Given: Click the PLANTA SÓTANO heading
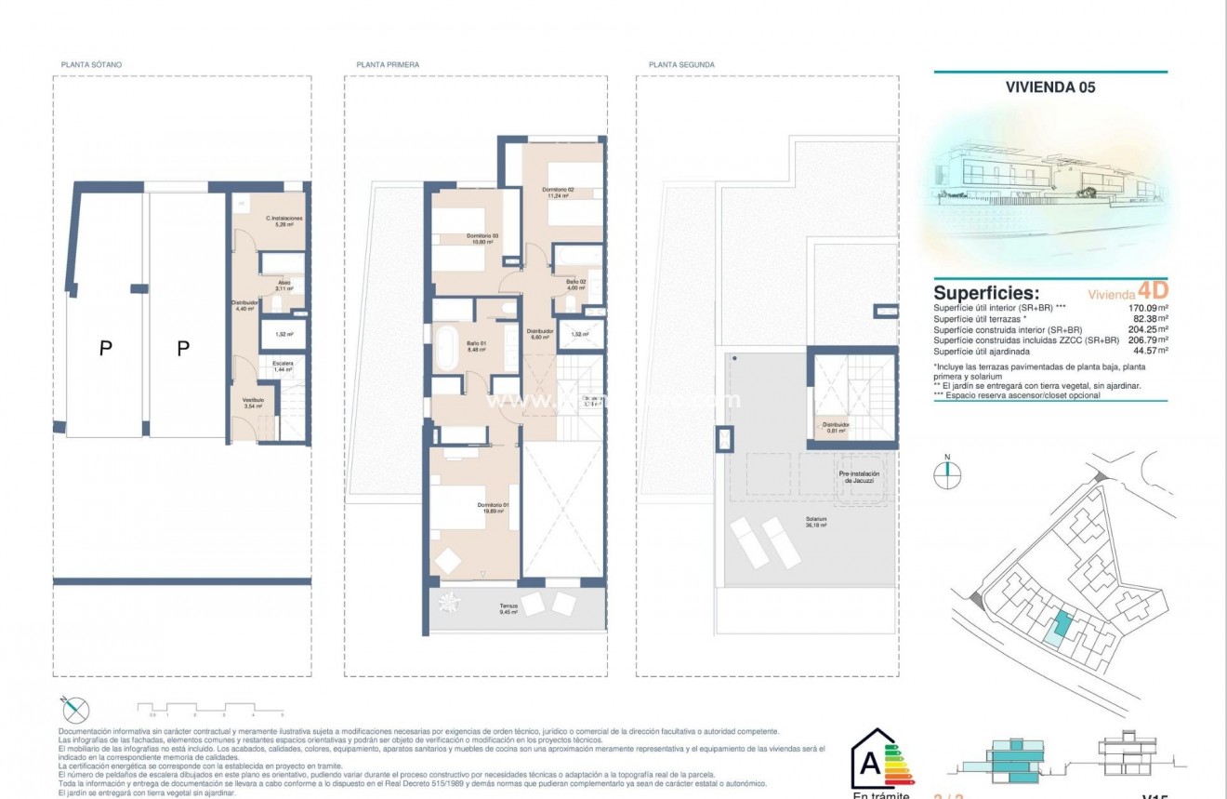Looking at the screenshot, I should [91, 65].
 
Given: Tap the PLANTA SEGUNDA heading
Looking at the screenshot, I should [681, 65].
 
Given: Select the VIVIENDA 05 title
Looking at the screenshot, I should [1050, 87].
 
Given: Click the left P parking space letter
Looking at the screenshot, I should [106, 349].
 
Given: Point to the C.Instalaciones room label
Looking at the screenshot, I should [284, 220].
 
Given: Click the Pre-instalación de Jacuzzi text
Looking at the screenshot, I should [858, 477].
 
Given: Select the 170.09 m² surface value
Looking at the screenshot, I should [1147, 308].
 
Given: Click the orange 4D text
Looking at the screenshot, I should [1153, 290].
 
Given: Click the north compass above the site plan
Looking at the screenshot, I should [947, 473].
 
